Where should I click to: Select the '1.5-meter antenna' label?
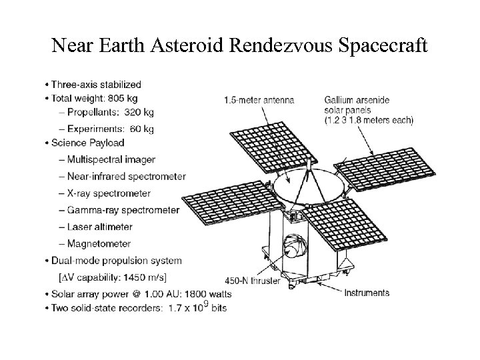click(x=259, y=100)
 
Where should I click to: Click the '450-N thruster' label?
click(x=253, y=281)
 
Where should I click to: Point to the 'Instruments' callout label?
click(x=367, y=293)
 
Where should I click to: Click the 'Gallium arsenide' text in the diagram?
click(x=357, y=100)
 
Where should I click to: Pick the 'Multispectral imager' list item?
click(x=111, y=159)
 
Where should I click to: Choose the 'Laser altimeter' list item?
click(x=99, y=227)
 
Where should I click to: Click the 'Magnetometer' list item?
click(x=99, y=244)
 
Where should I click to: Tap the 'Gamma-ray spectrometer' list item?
click(x=123, y=210)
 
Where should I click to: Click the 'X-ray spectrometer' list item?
click(x=109, y=193)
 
